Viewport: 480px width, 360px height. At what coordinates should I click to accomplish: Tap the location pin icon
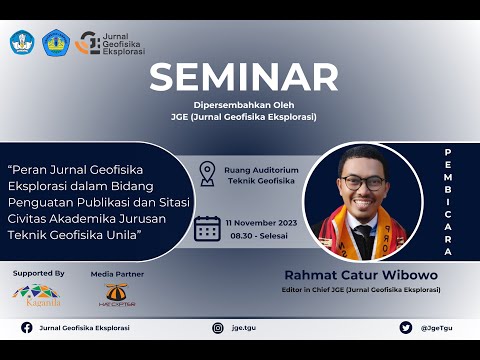click(207, 174)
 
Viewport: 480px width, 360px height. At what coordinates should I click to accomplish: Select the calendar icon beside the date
click(207, 228)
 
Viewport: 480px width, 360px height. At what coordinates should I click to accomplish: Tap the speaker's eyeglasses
click(361, 183)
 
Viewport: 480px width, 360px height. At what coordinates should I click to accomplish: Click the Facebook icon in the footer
click(27, 327)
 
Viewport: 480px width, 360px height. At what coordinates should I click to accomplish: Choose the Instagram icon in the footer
click(218, 327)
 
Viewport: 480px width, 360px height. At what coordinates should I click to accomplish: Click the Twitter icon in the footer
click(405, 327)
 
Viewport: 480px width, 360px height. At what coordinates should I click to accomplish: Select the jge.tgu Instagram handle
click(243, 327)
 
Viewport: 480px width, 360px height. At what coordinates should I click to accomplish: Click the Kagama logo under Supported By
click(36, 294)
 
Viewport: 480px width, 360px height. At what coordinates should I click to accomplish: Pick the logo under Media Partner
click(116, 294)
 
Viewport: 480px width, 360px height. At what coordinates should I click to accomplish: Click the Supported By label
click(38, 272)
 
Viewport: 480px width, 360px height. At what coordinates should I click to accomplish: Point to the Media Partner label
click(117, 273)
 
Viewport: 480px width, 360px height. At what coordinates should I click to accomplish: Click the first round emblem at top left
click(21, 42)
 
